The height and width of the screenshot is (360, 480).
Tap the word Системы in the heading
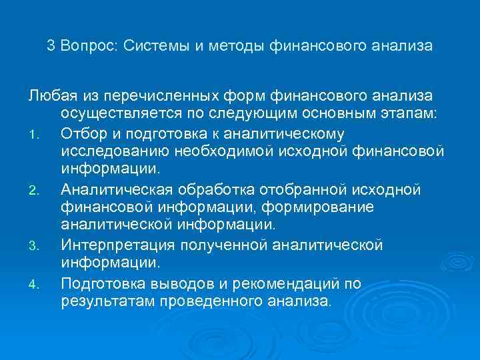tap(154, 47)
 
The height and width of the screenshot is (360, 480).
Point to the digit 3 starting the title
tap(51, 47)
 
